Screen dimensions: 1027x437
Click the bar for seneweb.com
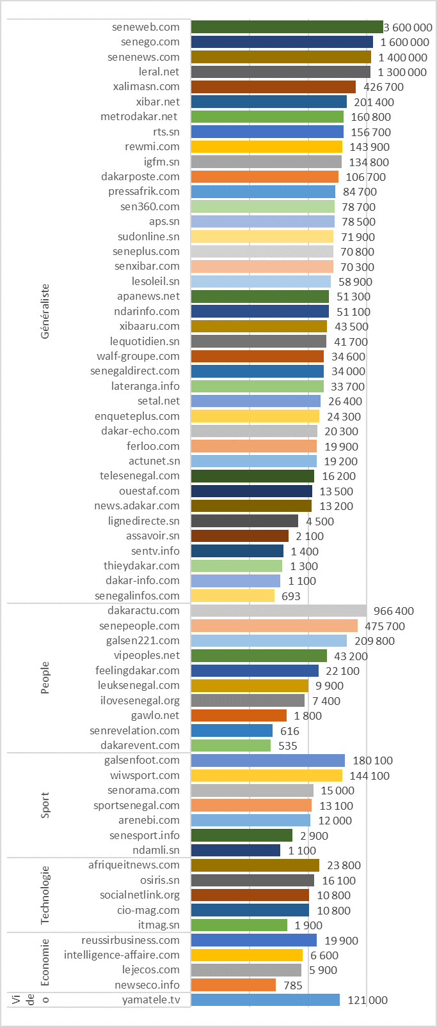pos(287,27)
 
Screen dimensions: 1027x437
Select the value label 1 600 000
pos(404,42)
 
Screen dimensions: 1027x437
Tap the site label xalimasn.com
pos(147,86)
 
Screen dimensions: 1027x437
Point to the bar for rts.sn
pos(267,132)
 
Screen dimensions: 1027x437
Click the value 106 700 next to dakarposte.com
pos(366,177)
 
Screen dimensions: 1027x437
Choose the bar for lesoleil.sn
pos(260,281)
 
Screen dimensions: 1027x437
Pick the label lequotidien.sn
pos(145,341)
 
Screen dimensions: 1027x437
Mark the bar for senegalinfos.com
pos(232,596)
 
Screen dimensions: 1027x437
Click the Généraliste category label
pos(45,311)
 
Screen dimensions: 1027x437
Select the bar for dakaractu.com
pos(278,611)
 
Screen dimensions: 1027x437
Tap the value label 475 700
pos(385,626)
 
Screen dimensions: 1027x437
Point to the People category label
pos(45,677)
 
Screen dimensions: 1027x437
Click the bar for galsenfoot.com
pos(267,761)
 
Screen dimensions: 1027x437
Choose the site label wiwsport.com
pos(145,775)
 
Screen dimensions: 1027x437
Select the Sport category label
pos(45,805)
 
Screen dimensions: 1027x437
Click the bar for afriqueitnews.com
pos(255,865)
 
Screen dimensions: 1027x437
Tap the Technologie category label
pos(45,895)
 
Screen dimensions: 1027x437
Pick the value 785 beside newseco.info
pos(292,985)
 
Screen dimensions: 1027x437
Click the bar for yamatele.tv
pos(265,1000)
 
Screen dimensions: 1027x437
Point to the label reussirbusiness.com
pos(131,940)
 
